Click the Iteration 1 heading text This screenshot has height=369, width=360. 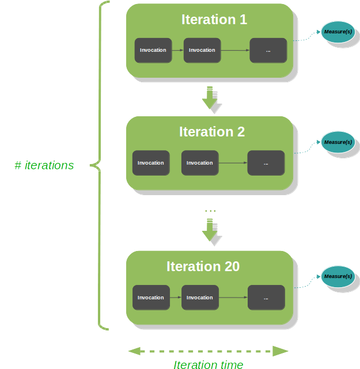(x=214, y=20)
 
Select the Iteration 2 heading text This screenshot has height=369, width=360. (x=212, y=132)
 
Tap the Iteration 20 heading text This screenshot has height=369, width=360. (x=203, y=267)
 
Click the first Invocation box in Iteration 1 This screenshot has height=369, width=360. (x=153, y=50)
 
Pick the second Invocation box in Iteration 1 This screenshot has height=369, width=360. (x=202, y=50)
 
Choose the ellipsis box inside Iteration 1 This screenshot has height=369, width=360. (x=268, y=50)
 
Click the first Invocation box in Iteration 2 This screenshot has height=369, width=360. (x=151, y=163)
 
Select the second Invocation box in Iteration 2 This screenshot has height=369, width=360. (x=200, y=163)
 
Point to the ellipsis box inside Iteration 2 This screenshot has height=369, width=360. (x=266, y=163)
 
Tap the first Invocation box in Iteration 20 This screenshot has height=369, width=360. (x=151, y=298)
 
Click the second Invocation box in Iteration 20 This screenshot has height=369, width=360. (x=200, y=298)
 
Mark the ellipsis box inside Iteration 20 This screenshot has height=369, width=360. (x=266, y=298)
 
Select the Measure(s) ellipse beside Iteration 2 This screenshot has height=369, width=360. (x=338, y=142)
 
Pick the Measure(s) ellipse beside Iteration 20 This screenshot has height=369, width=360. (x=338, y=276)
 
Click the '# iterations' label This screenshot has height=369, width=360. (x=44, y=166)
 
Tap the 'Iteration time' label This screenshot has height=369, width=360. (x=208, y=364)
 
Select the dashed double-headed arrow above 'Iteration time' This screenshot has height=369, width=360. (x=208, y=351)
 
